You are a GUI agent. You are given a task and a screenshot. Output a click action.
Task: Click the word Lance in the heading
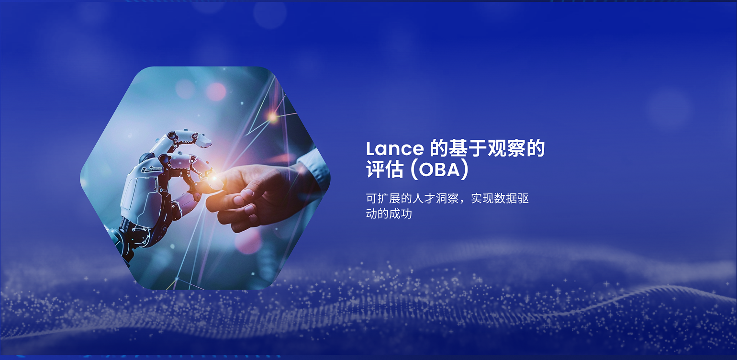tap(395, 148)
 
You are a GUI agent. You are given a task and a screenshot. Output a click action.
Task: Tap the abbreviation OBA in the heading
tap(439, 170)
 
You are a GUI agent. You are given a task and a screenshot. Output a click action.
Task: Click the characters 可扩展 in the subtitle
tap(383, 198)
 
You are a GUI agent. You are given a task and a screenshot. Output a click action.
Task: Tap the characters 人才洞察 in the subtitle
tap(435, 198)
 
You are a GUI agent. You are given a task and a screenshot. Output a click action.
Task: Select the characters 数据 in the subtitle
tap(505, 198)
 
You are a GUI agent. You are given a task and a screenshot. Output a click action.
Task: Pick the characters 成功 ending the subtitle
tap(401, 214)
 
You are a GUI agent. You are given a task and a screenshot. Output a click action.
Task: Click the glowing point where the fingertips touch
tap(214, 179)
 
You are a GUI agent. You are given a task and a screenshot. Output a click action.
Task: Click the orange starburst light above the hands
tap(272, 117)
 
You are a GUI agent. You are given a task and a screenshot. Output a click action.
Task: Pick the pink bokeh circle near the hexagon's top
tap(216, 91)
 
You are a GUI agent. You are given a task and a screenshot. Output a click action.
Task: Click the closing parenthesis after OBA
tap(465, 170)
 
